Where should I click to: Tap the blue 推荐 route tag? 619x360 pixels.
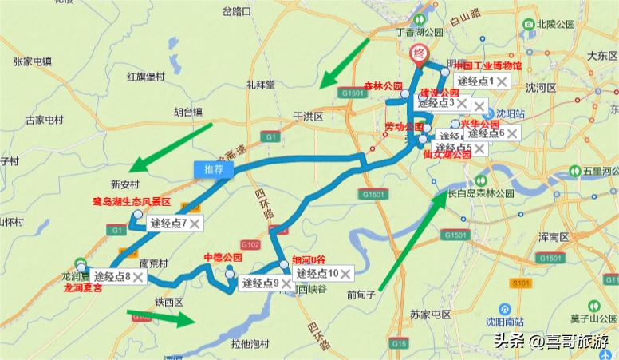[214, 169]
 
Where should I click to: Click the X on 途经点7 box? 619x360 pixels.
[195, 223]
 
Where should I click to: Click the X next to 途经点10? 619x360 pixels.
[346, 274]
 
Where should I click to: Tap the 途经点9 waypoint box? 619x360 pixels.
[259, 283]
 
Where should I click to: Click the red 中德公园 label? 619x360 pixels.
[223, 258]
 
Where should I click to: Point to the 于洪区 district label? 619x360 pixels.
[307, 116]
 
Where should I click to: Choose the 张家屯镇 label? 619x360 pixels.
[32, 61]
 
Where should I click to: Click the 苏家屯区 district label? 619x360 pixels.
[430, 315]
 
